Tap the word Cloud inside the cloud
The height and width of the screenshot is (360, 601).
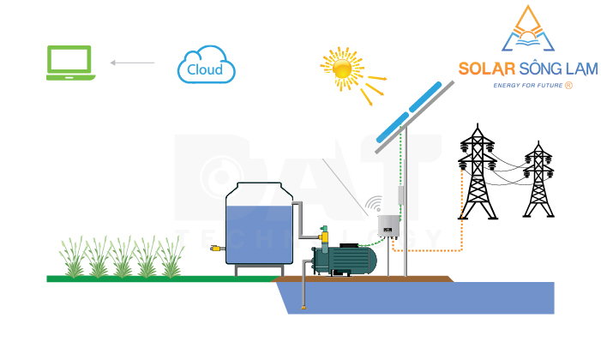[205, 69]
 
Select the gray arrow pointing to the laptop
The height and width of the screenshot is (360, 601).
[132, 63]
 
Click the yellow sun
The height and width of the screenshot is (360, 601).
[342, 68]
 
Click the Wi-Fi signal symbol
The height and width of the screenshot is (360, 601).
[373, 206]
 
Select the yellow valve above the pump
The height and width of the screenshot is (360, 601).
[324, 233]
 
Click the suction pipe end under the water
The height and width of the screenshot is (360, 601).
[303, 307]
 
